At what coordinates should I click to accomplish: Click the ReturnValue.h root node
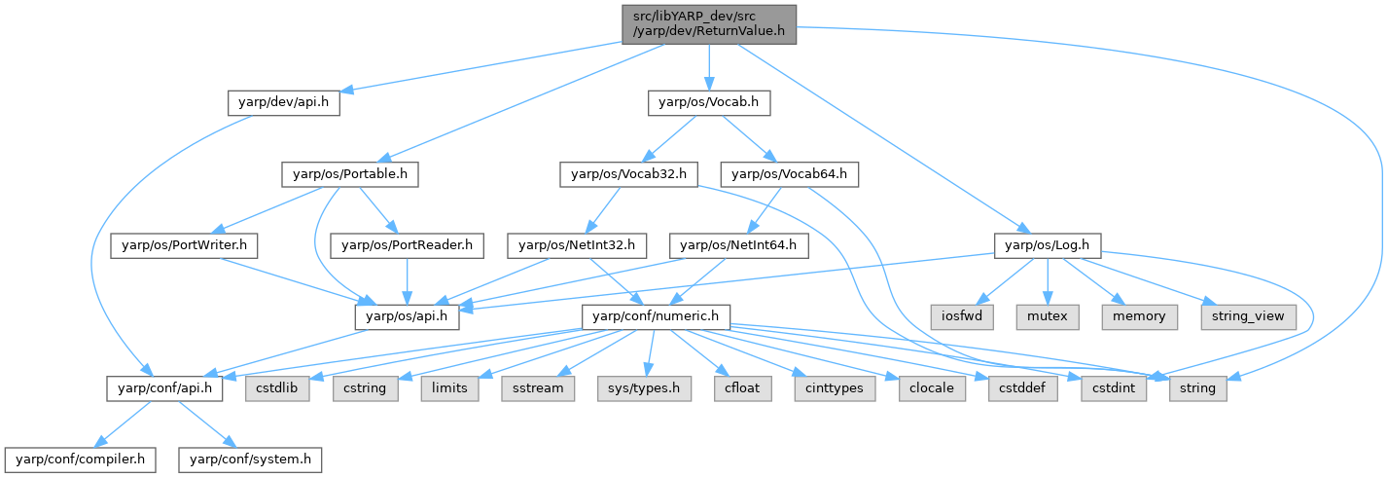(x=709, y=23)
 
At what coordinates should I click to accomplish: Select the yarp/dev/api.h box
(x=283, y=102)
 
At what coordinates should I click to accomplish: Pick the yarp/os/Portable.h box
(x=350, y=175)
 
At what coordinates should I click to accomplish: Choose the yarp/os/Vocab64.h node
(x=789, y=175)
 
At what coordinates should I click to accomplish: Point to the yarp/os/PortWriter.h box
(x=183, y=246)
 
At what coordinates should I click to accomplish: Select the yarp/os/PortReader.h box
(x=408, y=246)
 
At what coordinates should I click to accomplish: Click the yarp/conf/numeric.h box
(x=656, y=316)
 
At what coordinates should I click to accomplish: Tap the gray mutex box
(x=1048, y=316)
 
